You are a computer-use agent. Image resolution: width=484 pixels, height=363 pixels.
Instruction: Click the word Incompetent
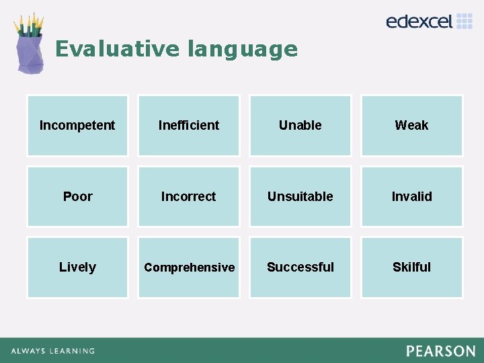[x=77, y=125]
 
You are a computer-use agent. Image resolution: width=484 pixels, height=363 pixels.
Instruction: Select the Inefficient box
[x=189, y=125]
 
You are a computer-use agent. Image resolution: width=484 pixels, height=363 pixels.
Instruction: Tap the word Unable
[x=300, y=125]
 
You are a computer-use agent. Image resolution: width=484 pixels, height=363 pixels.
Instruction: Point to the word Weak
[x=411, y=125]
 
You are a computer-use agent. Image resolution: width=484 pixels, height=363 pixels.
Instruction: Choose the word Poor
[x=77, y=196]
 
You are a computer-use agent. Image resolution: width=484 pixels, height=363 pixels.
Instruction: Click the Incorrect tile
[x=189, y=196]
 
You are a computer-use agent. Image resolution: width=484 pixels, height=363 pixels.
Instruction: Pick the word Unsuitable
[x=300, y=196]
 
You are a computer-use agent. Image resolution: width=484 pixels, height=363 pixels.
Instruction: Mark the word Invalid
[x=411, y=196]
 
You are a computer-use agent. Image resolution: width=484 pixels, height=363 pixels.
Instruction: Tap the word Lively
[x=77, y=267]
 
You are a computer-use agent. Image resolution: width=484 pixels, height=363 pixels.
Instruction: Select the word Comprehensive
[x=189, y=268]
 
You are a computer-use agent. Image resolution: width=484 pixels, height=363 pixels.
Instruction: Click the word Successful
[x=300, y=267]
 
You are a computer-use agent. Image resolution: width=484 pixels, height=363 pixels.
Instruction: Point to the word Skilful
[x=411, y=267]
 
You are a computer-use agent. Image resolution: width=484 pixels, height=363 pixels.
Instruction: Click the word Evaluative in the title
[x=117, y=49]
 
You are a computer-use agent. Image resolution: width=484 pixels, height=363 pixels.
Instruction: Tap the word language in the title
[x=242, y=49]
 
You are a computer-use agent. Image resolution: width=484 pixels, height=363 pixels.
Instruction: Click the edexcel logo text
[x=419, y=22]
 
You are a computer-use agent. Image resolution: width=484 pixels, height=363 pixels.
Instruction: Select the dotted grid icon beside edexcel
[x=465, y=21]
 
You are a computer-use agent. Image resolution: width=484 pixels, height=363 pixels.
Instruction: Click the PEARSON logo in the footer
[x=440, y=351]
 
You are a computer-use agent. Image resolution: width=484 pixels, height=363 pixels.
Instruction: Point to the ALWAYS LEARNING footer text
[x=52, y=351]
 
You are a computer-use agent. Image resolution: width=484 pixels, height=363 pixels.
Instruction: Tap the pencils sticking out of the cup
[x=29, y=25]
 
